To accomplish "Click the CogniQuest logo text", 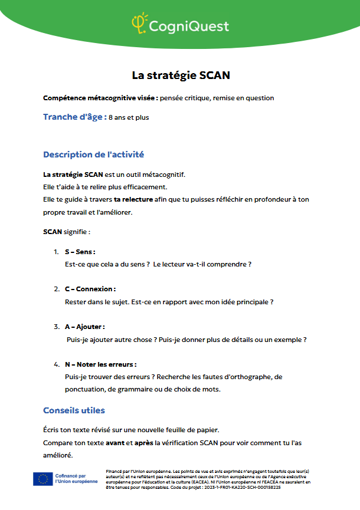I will (x=189, y=26).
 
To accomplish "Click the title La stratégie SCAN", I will (x=180, y=75).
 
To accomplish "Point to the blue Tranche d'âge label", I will (x=74, y=117).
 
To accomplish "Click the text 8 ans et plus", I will (x=129, y=117).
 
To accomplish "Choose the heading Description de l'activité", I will (x=93, y=154).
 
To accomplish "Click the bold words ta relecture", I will (x=133, y=199).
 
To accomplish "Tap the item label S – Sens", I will (x=80, y=252).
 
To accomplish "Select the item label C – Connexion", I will (x=90, y=289).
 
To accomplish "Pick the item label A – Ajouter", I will (x=85, y=326).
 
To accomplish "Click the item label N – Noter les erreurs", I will (x=101, y=364).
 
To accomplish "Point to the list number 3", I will (x=57, y=326).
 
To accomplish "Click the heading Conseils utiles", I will (x=74, y=410).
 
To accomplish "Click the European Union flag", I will (x=42, y=479).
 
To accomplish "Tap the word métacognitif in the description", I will (x=163, y=174).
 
